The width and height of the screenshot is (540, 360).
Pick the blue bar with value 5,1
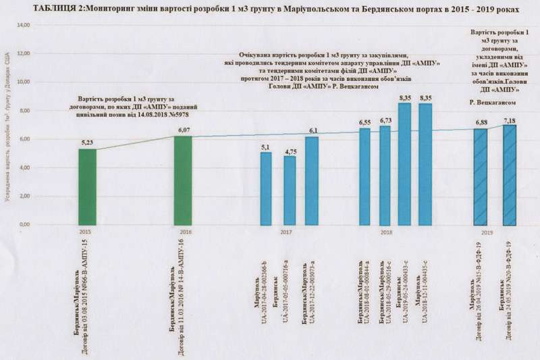pyautogui.click(x=267, y=188)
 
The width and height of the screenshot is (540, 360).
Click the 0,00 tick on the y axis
pyautogui.click(x=24, y=224)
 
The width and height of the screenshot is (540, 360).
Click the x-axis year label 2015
pyautogui.click(x=85, y=232)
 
